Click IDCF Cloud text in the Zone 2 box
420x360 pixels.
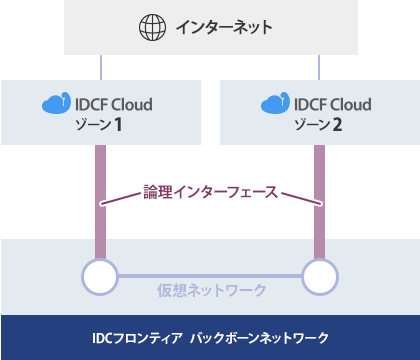[331, 104]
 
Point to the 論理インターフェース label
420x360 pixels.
[210, 189]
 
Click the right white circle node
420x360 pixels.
[320, 276]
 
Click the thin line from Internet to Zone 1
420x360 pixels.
[100, 67]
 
